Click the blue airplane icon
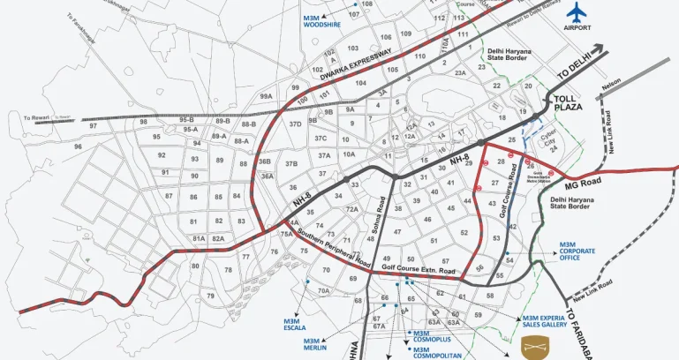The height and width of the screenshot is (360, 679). tap(577, 12)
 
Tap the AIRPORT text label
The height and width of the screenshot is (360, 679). tap(577, 28)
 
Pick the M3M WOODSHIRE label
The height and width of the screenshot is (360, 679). tap(321, 21)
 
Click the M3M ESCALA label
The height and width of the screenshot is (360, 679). tap(295, 325)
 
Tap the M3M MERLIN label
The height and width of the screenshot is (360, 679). tap(316, 344)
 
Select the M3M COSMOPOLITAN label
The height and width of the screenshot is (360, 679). tap(437, 353)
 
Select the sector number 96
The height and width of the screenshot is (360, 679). tap(78, 146)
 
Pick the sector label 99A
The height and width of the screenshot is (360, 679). tap(265, 96)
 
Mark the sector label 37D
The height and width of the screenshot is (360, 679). tap(295, 124)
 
